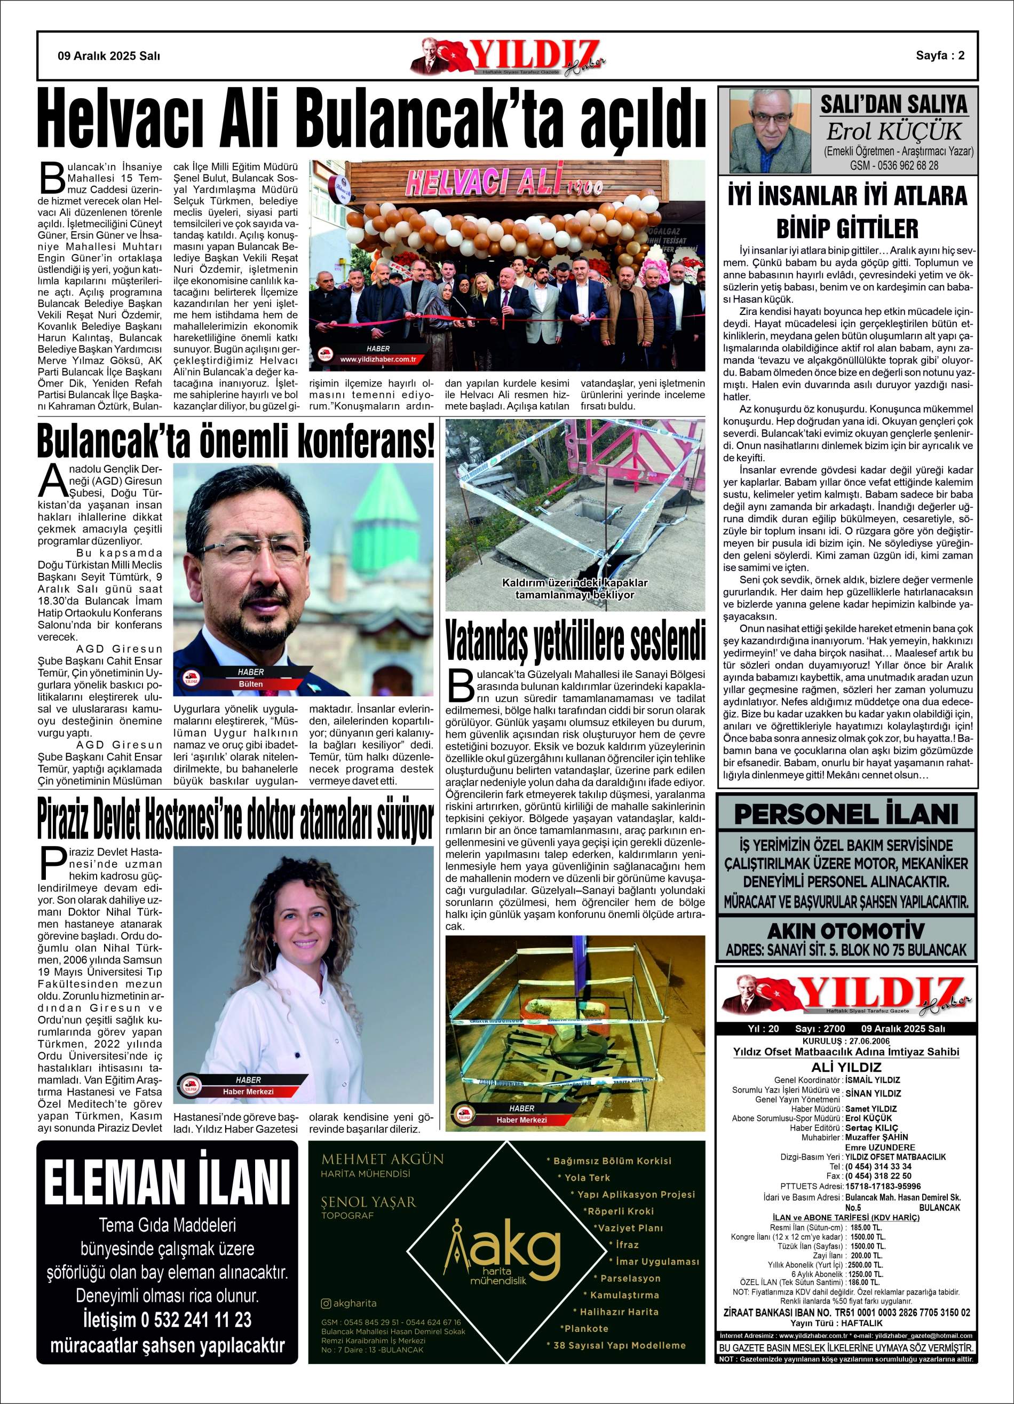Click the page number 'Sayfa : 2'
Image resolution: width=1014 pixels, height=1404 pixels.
pos(940,56)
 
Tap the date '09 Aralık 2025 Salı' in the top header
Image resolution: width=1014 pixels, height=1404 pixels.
pos(109,56)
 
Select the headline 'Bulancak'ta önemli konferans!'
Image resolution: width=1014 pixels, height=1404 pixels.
pos(235,440)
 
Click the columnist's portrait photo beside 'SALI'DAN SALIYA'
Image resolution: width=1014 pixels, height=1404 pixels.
pos(770,131)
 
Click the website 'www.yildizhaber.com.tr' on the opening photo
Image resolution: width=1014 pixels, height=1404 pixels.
pos(378,359)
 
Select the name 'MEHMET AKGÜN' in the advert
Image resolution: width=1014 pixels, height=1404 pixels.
pos(382,1160)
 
